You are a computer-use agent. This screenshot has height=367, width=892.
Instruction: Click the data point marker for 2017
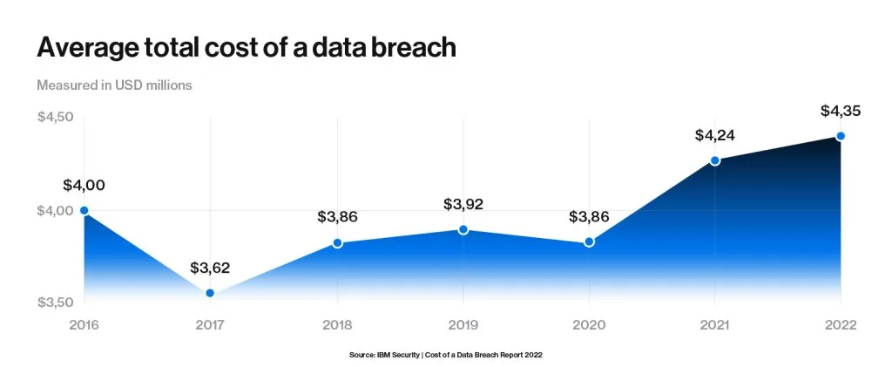point(210,293)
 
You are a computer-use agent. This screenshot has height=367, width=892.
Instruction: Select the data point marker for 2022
point(841,136)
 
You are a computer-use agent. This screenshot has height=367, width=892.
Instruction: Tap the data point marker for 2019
point(463,229)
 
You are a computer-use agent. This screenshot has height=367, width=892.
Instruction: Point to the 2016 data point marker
point(84,210)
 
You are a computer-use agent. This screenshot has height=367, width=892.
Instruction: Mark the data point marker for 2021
point(715,160)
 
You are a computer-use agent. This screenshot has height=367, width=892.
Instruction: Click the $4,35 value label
point(841,111)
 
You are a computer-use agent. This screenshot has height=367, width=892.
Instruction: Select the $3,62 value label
point(210,268)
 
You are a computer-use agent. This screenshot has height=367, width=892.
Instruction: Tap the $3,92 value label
point(463,205)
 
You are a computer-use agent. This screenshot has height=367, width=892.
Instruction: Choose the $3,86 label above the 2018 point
point(337,217)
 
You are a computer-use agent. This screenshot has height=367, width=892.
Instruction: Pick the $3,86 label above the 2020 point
point(589,216)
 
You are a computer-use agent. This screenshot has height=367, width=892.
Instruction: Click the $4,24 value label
point(715,135)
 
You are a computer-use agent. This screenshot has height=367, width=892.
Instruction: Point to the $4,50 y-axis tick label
point(55,118)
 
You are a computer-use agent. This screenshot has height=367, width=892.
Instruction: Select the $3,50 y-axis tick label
point(55,302)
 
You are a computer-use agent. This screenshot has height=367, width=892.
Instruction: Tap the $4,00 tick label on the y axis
point(55,210)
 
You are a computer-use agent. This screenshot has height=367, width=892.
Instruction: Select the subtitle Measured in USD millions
point(114,85)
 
